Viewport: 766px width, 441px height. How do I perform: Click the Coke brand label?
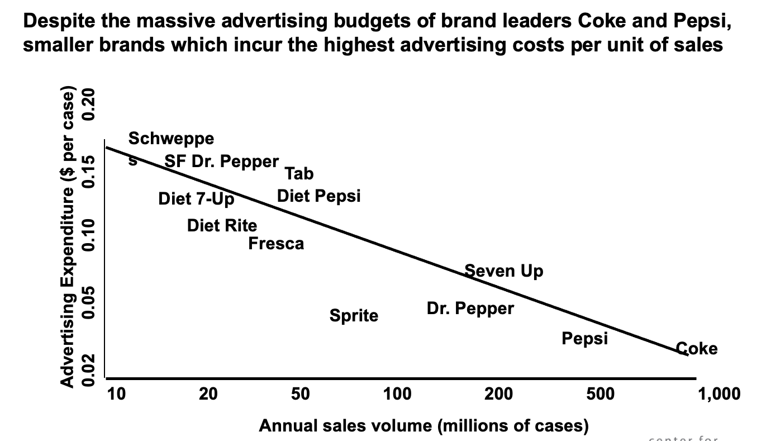[x=697, y=349]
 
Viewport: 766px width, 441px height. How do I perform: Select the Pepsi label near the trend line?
[x=584, y=338]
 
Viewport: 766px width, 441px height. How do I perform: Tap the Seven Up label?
[x=503, y=271]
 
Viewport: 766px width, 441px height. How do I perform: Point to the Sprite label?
[x=354, y=316]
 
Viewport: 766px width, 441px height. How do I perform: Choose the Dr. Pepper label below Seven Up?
[x=470, y=308]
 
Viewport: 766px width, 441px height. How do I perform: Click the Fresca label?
[x=276, y=244]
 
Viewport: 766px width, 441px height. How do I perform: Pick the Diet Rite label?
[x=222, y=225]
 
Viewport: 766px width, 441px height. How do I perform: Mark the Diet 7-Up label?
[x=196, y=198]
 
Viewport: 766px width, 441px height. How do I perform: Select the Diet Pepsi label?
[x=318, y=196]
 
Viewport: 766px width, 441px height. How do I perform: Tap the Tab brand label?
[x=299, y=174]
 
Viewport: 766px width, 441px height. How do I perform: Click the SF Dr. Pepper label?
[x=221, y=162]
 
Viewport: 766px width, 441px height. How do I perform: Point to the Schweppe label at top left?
[x=170, y=138]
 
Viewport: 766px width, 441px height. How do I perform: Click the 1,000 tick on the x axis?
[x=719, y=395]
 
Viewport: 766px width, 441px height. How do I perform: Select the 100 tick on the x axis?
[x=397, y=395]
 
